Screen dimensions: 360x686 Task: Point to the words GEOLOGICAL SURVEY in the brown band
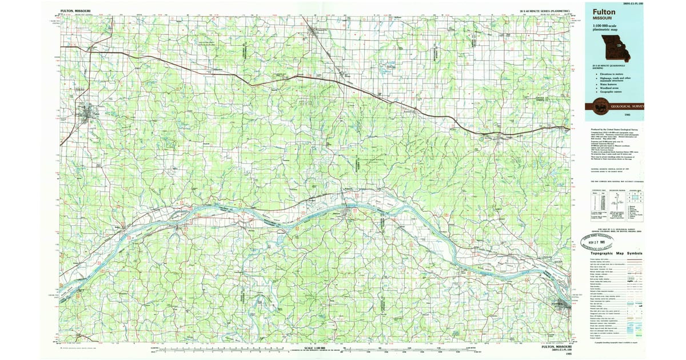coord(627,106)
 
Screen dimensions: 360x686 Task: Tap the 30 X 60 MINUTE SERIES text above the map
coord(544,11)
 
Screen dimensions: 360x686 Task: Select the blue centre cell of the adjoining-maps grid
coord(635,199)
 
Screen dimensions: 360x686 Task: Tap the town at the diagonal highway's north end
coord(312,31)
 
